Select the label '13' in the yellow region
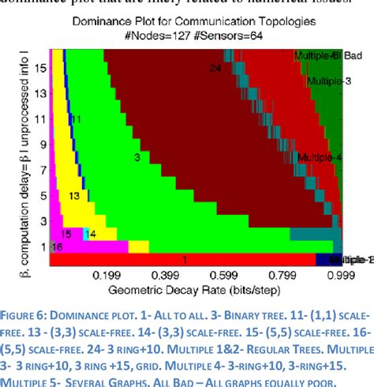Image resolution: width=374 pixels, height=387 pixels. click(74, 194)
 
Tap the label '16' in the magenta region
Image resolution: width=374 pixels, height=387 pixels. click(57, 246)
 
